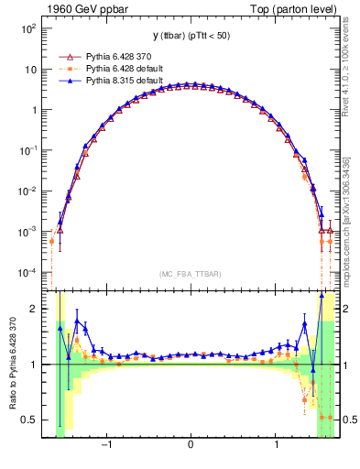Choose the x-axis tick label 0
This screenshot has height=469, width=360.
coord(191,448)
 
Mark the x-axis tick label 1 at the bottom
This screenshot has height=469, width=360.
coord(276,448)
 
